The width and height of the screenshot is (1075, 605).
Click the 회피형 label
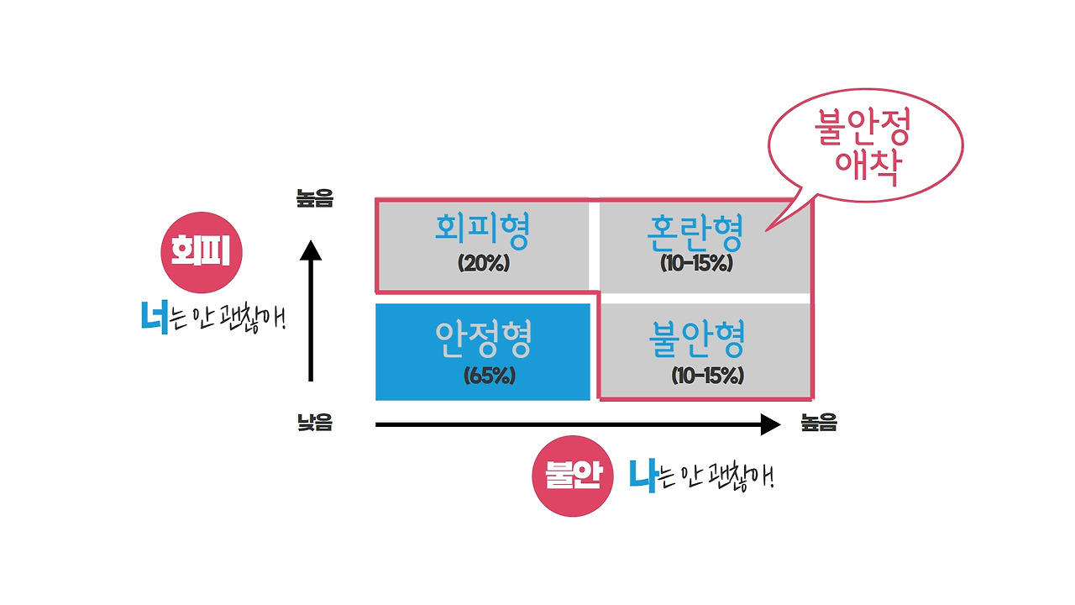482,231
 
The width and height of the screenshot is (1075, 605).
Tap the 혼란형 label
695,233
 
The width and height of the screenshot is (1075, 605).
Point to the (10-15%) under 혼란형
696,263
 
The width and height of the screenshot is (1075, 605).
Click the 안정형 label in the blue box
483,339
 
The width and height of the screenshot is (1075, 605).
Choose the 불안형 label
697,339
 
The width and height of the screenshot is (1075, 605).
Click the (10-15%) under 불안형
707,376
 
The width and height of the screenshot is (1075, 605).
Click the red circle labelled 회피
201,252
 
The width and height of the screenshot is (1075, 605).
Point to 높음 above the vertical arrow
314,198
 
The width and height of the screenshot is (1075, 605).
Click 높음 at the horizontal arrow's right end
819,423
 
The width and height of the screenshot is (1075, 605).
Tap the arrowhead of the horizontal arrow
771,424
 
